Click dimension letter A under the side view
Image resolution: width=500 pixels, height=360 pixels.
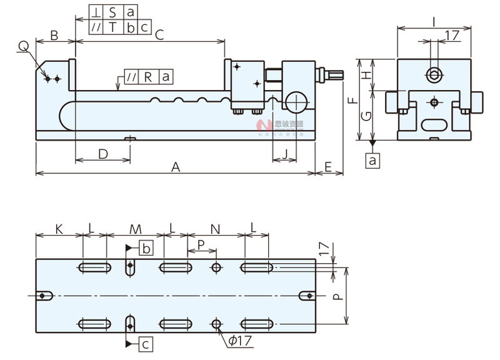[x=176, y=167]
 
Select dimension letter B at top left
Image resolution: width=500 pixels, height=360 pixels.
[x=54, y=36]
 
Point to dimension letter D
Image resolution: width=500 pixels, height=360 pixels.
[x=103, y=154]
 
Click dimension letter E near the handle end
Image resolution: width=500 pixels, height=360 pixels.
[x=329, y=167]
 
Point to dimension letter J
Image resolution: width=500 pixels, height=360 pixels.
[x=286, y=154]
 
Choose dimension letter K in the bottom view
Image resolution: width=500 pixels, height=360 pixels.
[x=59, y=229]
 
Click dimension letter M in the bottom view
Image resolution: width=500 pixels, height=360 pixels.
[x=135, y=229]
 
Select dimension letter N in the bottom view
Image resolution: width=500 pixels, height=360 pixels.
[x=214, y=229]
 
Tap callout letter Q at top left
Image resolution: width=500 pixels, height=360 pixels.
[x=23, y=46]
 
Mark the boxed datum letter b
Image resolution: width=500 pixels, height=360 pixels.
[x=145, y=248]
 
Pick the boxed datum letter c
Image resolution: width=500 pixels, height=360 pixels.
[x=145, y=343]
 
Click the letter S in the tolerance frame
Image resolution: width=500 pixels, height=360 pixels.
[x=112, y=12]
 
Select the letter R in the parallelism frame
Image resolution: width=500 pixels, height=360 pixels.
[x=148, y=77]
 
